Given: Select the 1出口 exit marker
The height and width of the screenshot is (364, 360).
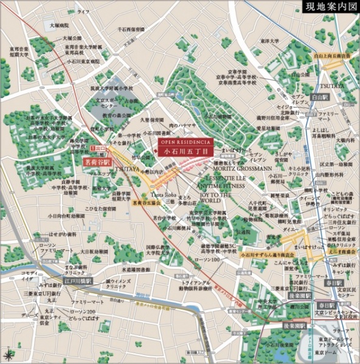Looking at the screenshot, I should pyautogui.click(x=97, y=148).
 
